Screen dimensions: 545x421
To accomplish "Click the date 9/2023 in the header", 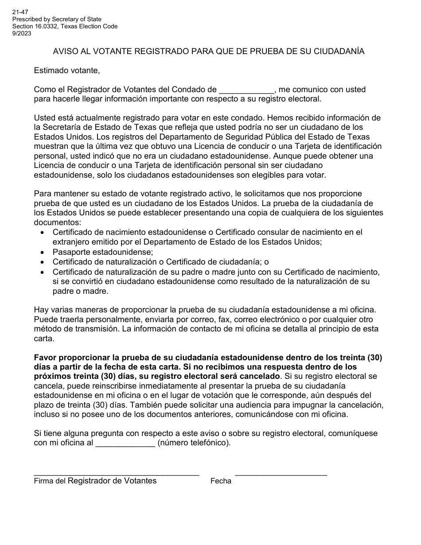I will click(x=22, y=33).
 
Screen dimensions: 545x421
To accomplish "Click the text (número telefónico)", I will click(x=194, y=443).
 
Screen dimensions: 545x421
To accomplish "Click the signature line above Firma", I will click(x=117, y=473).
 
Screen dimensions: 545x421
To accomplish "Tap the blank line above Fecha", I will click(x=281, y=473).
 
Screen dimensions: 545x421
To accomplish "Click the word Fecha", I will click(x=221, y=481).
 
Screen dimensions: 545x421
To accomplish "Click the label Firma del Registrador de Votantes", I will click(x=95, y=481).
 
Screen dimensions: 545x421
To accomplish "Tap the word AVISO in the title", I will click(x=65, y=51).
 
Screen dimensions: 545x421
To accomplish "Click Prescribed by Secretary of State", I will click(x=57, y=19).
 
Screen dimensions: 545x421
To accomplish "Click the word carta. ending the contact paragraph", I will click(x=44, y=339).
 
